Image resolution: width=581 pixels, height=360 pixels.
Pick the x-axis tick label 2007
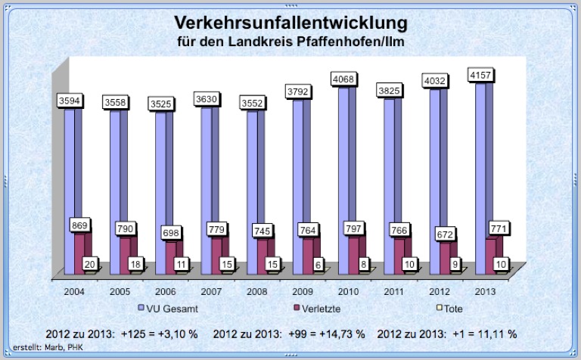click(x=211, y=290)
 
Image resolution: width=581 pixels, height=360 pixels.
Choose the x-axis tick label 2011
click(x=394, y=290)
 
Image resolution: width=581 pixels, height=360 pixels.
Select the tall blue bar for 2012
click(x=434, y=182)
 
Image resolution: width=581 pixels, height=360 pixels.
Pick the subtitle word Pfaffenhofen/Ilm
click(x=356, y=39)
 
